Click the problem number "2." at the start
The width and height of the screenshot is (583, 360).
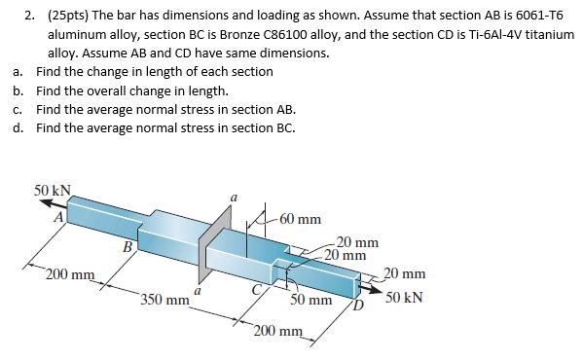click(29, 14)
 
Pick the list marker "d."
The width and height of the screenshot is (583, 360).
click(18, 127)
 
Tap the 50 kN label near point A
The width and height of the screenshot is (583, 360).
click(53, 189)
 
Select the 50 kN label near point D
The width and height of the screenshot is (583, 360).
click(404, 296)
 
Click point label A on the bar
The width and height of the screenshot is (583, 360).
click(58, 218)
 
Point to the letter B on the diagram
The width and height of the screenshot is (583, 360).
click(127, 247)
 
